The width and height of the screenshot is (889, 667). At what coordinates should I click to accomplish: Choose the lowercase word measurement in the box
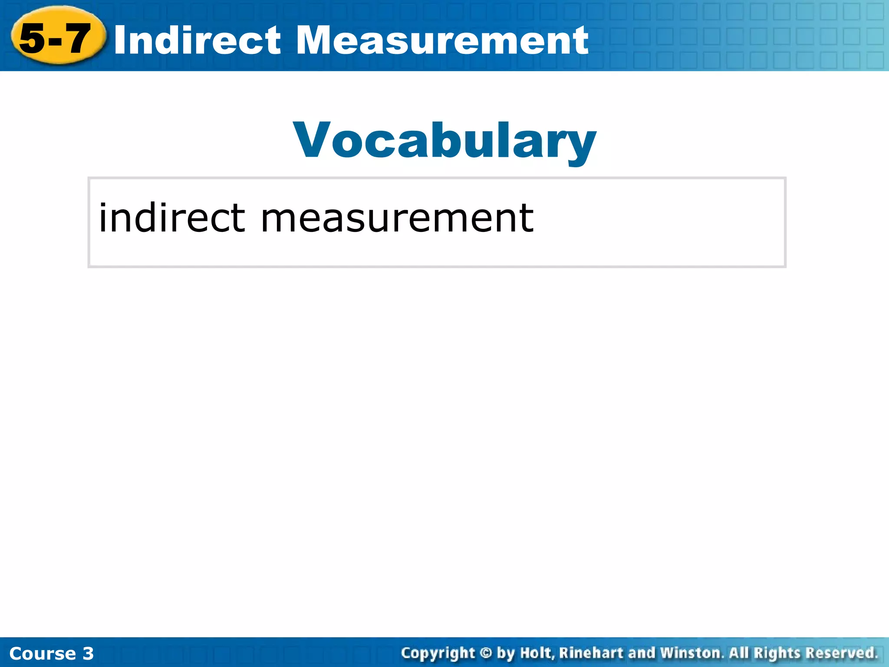(397, 218)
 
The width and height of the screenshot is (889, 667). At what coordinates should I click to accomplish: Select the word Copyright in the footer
(438, 653)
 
